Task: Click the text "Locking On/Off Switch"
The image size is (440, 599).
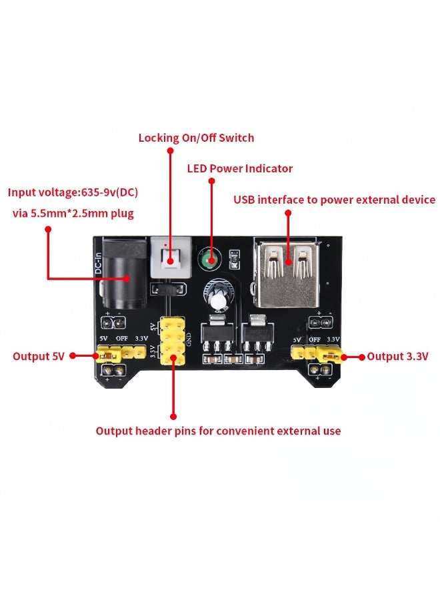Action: coord(196,138)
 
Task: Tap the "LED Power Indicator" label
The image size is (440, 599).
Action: coord(239,169)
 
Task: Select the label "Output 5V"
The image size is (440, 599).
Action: coord(39,357)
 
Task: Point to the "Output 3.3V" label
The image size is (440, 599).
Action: coord(398,357)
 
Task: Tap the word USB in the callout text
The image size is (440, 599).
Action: coord(244,200)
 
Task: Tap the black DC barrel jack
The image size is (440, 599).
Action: coord(123,276)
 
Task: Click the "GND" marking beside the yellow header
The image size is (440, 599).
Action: coord(189,339)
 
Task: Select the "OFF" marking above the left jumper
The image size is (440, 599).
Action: coord(121,339)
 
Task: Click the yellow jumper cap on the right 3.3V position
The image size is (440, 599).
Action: coord(329,355)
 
